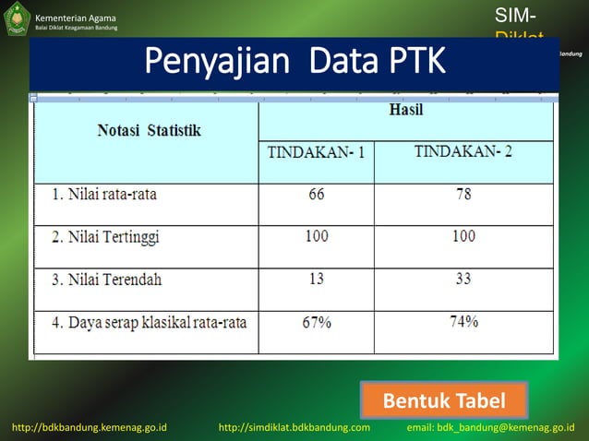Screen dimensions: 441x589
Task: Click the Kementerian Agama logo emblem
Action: [x=17, y=19]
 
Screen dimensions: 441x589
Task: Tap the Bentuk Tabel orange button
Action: [x=443, y=401]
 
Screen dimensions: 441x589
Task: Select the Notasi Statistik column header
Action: [x=149, y=131]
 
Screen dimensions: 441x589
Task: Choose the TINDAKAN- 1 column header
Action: [x=316, y=152]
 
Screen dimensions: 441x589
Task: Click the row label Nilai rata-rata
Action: [x=102, y=195]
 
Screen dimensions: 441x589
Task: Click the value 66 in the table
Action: [x=316, y=195]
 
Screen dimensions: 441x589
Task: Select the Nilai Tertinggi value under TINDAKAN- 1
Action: [x=316, y=236]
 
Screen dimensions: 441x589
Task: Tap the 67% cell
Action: [x=316, y=322]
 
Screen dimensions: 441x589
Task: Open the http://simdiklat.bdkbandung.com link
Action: [x=294, y=428]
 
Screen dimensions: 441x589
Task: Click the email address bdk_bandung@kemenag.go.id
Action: [x=490, y=428]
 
